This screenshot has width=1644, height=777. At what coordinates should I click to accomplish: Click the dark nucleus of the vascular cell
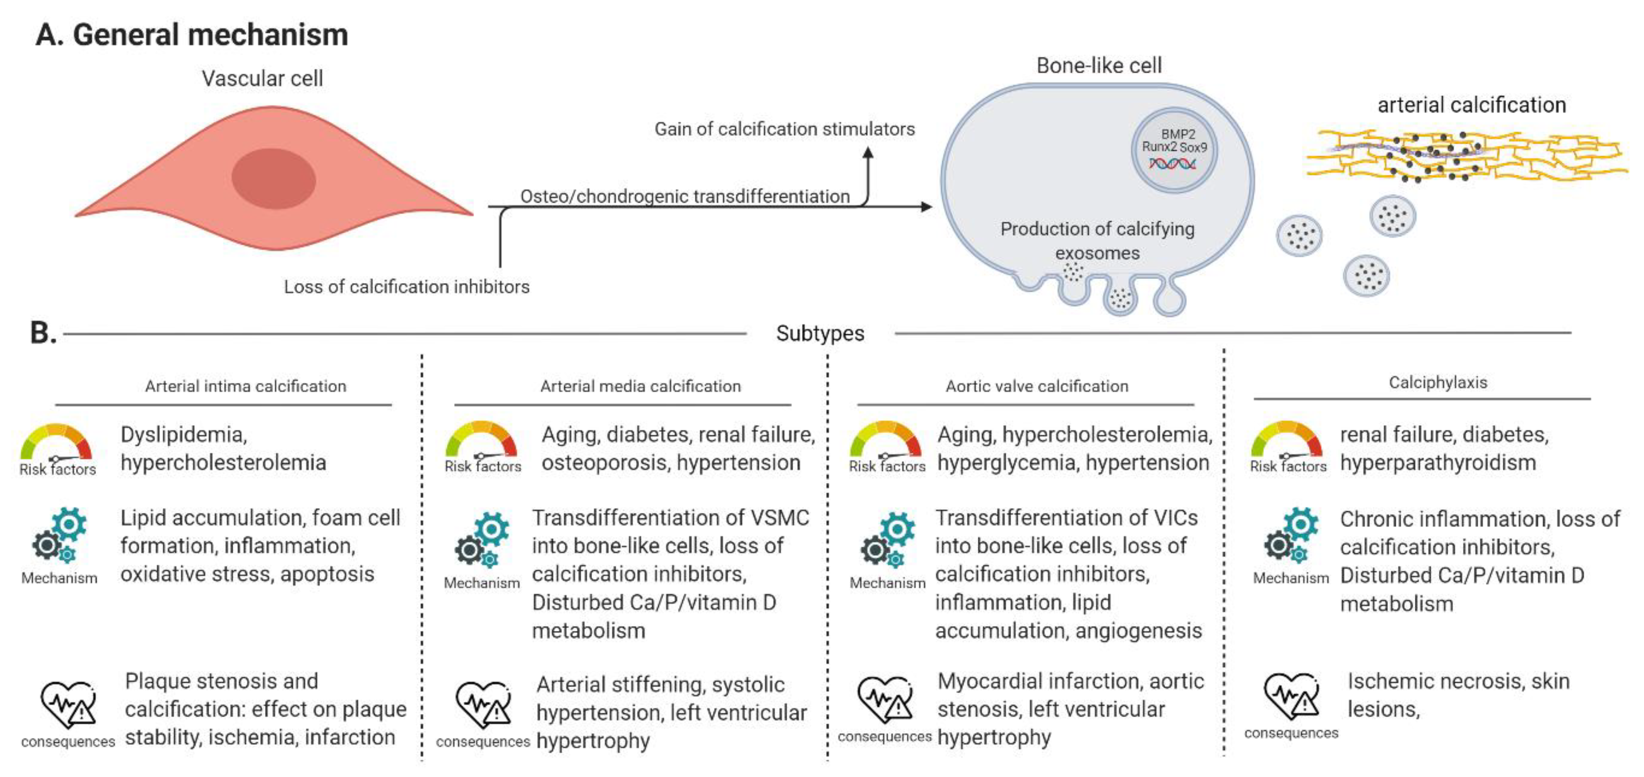pos(273,179)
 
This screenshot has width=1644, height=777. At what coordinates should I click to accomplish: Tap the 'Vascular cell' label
pos(262,79)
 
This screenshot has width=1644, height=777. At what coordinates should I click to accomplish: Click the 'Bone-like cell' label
pos(1098,65)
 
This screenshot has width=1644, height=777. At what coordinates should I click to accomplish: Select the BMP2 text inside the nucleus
pos(1177,134)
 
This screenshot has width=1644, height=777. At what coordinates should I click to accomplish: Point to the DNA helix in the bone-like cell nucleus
pos(1173,164)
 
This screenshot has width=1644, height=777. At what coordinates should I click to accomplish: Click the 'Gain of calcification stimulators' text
pos(784,129)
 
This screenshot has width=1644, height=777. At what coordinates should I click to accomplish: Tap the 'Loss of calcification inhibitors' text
pos(407,287)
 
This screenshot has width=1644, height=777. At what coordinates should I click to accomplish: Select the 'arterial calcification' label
pos(1471,105)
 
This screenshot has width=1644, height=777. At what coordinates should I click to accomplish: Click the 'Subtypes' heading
pos(820,333)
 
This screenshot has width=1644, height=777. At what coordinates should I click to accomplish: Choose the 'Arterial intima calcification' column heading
pos(246,386)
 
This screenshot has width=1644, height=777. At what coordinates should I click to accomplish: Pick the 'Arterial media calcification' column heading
pos(641,386)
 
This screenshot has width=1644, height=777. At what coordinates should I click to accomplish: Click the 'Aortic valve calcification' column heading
pos(1037,386)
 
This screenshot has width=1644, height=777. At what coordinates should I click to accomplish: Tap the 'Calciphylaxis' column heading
pos(1438,382)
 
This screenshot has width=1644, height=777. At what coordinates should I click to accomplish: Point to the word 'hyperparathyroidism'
pos(1438,462)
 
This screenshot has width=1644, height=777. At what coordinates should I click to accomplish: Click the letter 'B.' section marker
pos(43,333)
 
